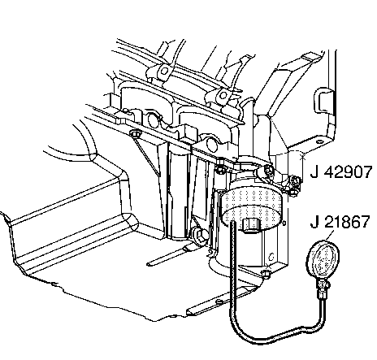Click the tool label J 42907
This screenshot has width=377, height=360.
tap(341, 172)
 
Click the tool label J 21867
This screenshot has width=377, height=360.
tap(340, 222)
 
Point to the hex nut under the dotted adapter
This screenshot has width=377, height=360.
tap(252, 225)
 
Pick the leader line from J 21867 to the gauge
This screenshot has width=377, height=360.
tap(329, 235)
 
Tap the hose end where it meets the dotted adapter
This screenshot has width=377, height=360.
tap(233, 223)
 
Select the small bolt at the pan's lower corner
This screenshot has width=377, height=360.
tap(266, 274)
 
